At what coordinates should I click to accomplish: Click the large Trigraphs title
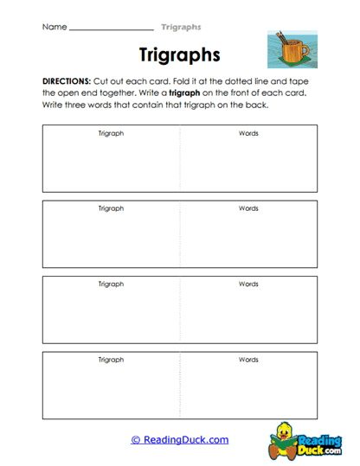coord(180,55)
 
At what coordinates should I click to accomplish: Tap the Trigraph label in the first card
coord(111,134)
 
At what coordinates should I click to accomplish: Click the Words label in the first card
coord(248,134)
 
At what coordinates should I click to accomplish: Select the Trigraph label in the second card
coord(111,208)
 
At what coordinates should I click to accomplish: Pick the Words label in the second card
coord(248,208)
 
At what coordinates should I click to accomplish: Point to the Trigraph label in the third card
coord(111,284)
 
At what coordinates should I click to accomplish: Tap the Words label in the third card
coord(248,284)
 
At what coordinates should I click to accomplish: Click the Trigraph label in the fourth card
coord(111,359)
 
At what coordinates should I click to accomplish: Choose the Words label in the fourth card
coord(248,359)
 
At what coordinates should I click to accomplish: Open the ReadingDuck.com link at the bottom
coord(180,440)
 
